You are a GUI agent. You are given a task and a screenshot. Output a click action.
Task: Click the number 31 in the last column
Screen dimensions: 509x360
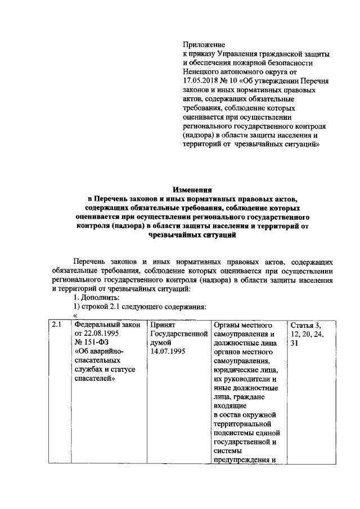pyautogui.click(x=295, y=344)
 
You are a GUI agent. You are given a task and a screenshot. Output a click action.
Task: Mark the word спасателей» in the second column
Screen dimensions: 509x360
pyautogui.click(x=95, y=380)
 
